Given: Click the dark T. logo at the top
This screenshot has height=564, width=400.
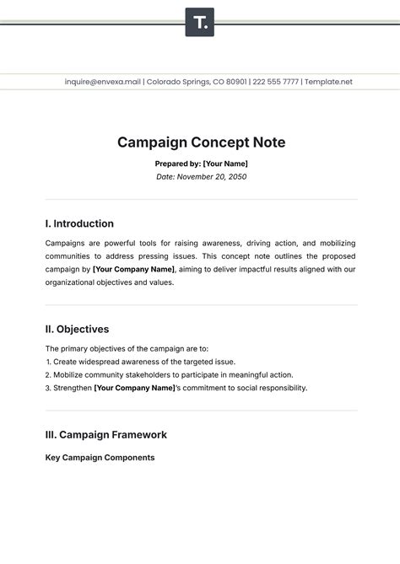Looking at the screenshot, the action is (200, 22).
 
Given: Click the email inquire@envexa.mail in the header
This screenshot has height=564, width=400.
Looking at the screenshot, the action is (103, 82).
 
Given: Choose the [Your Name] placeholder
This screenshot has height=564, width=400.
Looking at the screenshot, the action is (225, 164).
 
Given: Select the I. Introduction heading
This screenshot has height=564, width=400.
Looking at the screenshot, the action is (79, 224).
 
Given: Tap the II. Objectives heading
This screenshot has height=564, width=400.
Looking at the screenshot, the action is (77, 330).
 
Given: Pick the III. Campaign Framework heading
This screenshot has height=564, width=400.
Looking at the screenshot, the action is (105, 435).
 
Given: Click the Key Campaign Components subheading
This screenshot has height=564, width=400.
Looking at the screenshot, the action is (100, 458).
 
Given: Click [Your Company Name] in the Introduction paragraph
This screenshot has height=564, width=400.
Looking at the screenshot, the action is (134, 270).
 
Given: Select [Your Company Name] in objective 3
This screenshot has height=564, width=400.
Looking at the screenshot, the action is (133, 388).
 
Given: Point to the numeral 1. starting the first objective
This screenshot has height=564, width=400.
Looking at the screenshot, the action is (49, 362).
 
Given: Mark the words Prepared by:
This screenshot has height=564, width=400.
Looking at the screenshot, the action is (176, 164).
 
